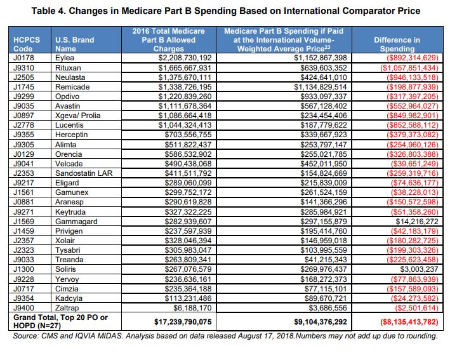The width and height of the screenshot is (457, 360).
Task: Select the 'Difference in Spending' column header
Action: click(397, 44)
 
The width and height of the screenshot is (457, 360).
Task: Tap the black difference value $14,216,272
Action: click(411, 221)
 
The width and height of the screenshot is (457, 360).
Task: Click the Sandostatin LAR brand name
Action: click(84, 172)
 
